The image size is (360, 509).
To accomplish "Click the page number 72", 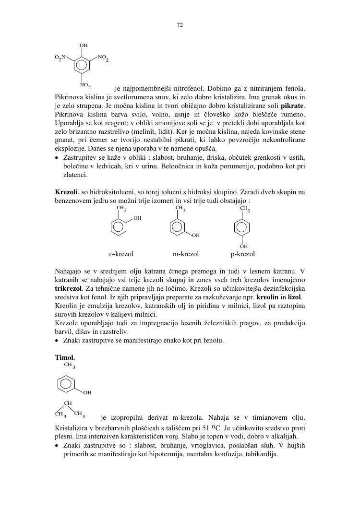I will click(180, 25).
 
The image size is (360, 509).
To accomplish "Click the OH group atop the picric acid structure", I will click(84, 46).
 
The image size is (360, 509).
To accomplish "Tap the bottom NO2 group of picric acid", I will click(85, 85).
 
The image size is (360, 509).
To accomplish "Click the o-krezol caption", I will click(121, 254).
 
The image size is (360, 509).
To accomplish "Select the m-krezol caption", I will click(186, 254).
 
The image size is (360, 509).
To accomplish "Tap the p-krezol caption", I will click(242, 254).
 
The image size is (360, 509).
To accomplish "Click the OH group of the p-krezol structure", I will click(243, 246).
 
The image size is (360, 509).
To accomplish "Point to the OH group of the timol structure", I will click(87, 393).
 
